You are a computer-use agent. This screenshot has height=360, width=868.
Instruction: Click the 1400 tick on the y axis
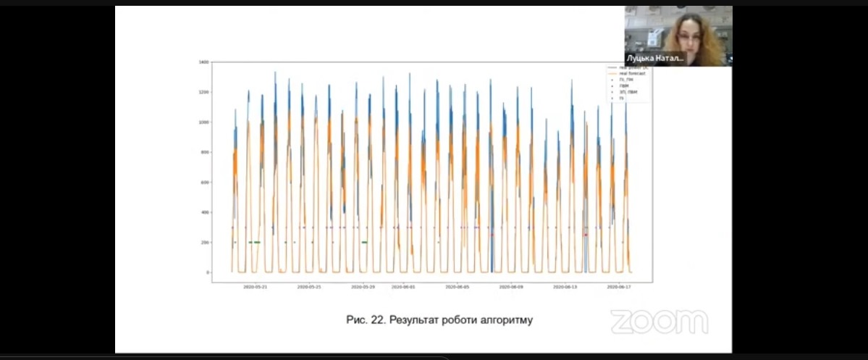(205, 62)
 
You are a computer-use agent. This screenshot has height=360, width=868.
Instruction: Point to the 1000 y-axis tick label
(205, 122)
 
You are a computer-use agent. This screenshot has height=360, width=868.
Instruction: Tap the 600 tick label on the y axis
(206, 183)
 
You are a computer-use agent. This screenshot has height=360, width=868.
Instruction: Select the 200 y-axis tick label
(206, 243)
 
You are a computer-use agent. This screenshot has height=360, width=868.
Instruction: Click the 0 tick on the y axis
(208, 272)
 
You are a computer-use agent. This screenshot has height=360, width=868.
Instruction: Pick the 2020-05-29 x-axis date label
(363, 287)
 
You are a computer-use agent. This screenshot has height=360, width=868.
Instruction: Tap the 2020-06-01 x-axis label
(404, 287)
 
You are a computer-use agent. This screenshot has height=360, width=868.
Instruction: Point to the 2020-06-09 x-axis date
(511, 287)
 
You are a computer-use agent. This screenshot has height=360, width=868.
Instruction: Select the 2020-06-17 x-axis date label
(619, 287)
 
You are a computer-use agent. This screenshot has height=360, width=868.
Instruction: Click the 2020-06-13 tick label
(565, 287)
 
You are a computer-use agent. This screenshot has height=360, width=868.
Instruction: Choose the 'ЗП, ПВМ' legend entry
(628, 91)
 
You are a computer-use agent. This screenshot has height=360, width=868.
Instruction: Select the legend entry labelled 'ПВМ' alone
(624, 85)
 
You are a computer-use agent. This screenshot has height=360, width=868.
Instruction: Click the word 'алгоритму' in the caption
(507, 319)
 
